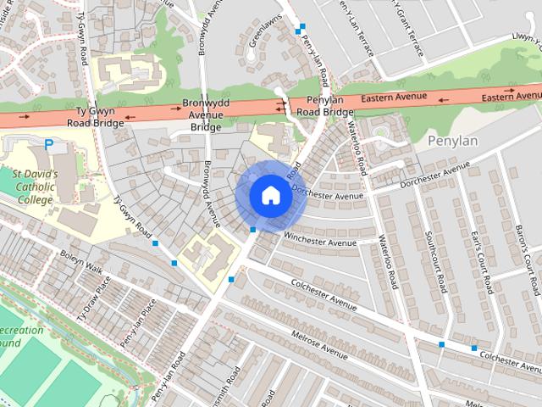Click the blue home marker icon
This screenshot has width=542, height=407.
(x=270, y=196)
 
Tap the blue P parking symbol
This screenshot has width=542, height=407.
(x=48, y=145)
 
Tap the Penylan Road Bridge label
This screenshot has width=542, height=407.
(x=318, y=106)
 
